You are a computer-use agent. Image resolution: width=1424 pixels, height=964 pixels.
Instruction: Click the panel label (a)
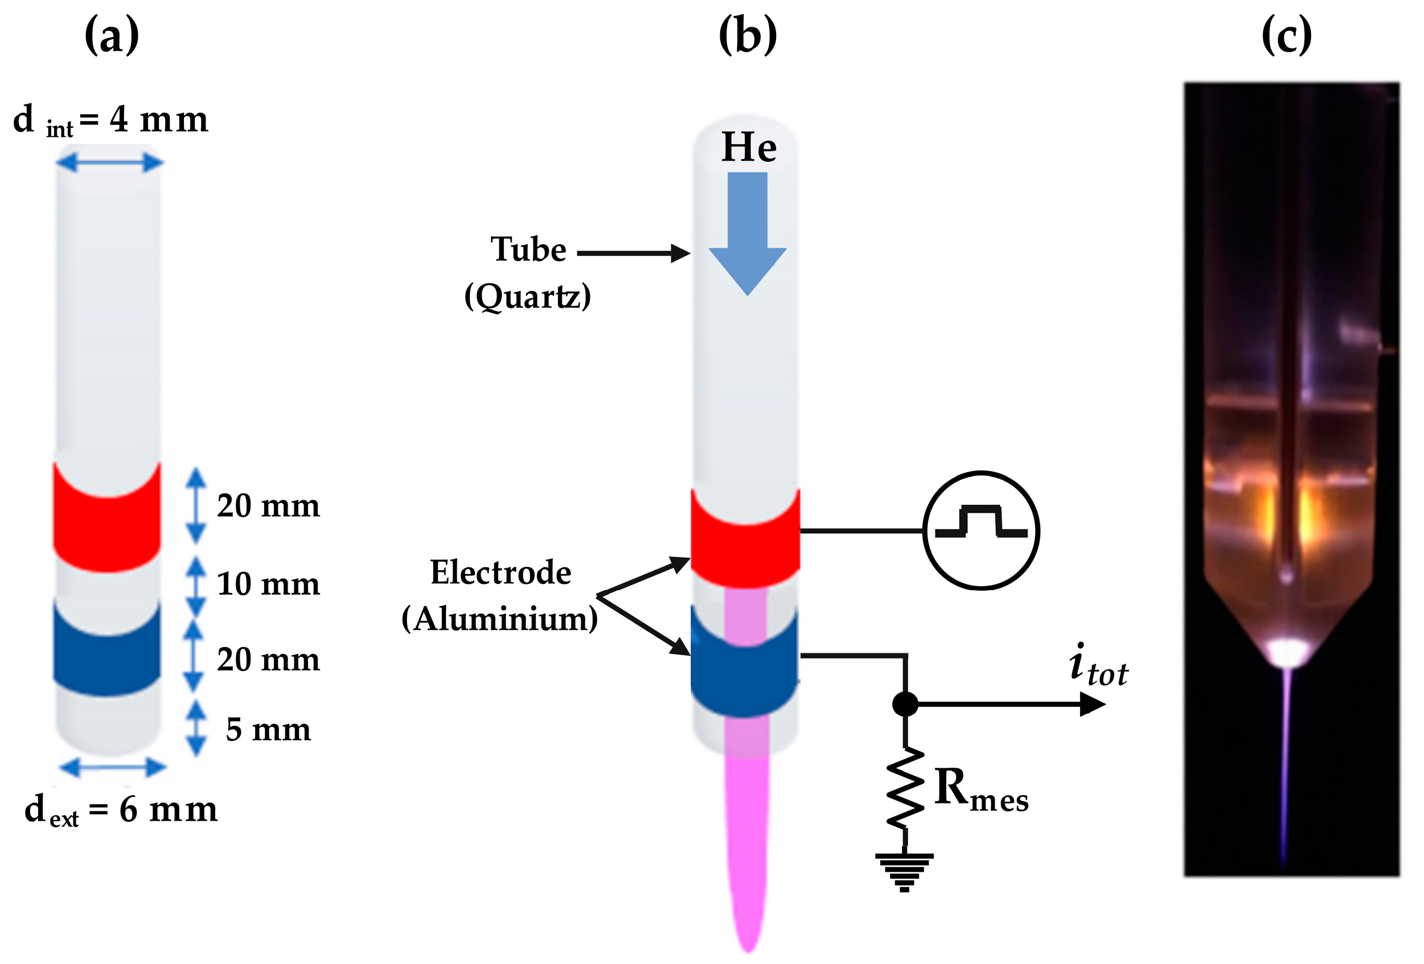[112, 35]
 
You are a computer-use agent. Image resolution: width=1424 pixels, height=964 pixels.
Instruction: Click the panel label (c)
[1287, 35]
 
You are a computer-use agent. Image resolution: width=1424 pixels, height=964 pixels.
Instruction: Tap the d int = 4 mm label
[110, 120]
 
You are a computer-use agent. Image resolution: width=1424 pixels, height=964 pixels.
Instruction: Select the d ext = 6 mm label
[121, 810]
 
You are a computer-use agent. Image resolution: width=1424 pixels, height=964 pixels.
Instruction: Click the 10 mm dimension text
[268, 584]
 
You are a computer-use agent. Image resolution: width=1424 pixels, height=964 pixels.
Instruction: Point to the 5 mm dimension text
[268, 730]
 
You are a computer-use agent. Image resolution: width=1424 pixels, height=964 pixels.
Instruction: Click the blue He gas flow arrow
[748, 233]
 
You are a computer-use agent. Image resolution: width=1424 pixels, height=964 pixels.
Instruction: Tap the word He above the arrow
[749, 147]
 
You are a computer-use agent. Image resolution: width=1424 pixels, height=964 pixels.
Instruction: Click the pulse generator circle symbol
[981, 530]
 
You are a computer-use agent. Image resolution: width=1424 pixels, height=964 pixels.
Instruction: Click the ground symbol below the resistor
[904, 871]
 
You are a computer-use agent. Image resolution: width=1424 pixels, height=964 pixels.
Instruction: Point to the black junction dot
[905, 704]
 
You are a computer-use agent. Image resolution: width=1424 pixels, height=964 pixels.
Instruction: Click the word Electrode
[500, 572]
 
